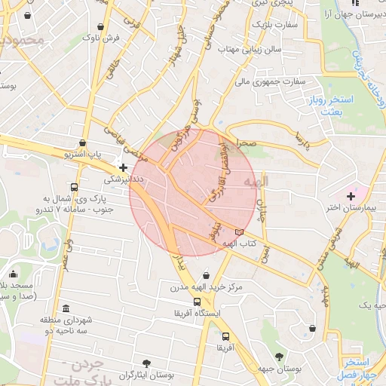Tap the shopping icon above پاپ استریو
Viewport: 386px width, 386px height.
(81, 142)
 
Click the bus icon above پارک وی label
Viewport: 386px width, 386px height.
(74, 187)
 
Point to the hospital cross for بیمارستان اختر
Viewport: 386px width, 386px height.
(351, 196)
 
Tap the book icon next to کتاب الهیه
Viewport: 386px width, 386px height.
(240, 231)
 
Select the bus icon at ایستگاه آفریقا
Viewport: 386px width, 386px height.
(198, 302)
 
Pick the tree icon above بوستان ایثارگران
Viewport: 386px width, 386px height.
(146, 363)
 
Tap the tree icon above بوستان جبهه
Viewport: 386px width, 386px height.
(280, 357)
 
